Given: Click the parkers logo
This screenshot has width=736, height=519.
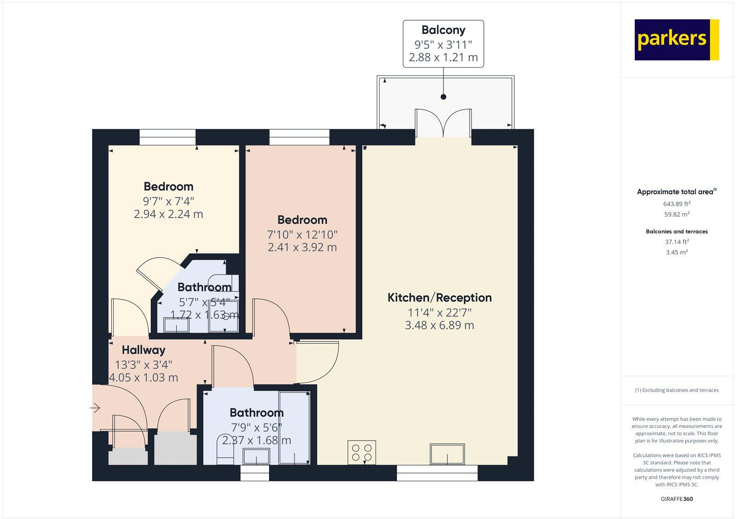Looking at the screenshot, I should tap(676, 40).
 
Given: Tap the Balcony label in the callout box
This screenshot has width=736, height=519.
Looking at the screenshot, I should tap(443, 30).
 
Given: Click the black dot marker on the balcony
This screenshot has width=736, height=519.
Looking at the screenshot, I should tap(443, 97).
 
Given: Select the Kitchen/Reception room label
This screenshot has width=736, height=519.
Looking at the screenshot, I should tap(439, 298).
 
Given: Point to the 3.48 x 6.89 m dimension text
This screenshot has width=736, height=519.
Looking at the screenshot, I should tap(439, 325).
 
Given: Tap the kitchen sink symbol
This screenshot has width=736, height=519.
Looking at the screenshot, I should tap(447, 454).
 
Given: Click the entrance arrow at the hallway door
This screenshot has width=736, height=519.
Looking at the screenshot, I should tap(95, 408).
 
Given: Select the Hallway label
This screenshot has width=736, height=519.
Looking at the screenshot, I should tap(144, 350).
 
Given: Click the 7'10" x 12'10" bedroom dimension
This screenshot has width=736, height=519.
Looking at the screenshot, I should tap(302, 235).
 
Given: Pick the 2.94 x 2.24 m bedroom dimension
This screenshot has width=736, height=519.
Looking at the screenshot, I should tap(168, 214).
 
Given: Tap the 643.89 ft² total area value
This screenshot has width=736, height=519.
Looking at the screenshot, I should tap(677, 203).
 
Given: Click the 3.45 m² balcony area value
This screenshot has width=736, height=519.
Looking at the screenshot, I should tap(677, 252).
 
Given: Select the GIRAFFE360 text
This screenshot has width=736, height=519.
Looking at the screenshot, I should tap(677, 499).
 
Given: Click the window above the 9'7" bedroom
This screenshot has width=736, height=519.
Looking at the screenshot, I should tap(167, 137).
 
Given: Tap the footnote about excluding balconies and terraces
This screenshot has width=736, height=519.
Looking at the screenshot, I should tap(677, 390).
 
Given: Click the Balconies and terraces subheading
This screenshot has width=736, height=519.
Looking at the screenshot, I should tap(677, 231).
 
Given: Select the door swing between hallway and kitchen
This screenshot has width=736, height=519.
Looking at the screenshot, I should tap(317, 362).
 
